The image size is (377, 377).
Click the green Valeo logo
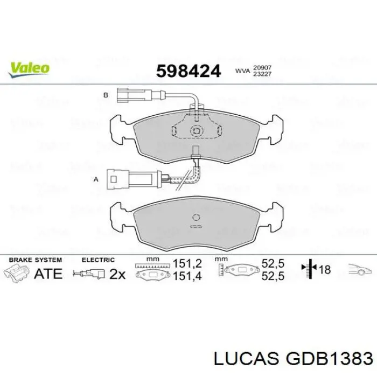coord(29,69)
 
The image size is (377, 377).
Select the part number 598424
coord(188,72)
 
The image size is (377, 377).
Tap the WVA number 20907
coord(262,67)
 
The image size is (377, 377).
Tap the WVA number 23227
coord(262,74)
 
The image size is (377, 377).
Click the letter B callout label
coord(106,95)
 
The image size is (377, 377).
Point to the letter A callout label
coord(96,179)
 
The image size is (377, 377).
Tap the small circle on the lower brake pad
coord(196,218)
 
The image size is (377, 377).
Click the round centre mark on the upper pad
coord(197,131)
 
